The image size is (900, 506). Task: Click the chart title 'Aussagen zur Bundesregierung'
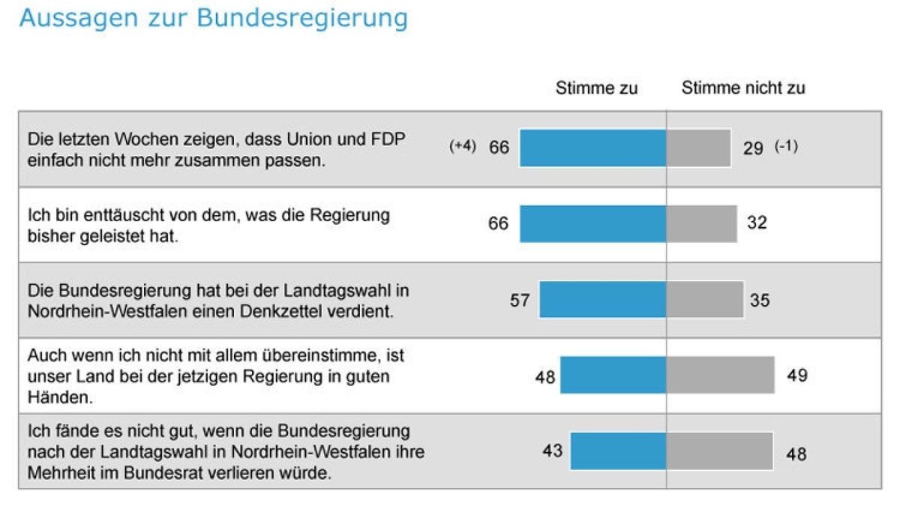(214, 18)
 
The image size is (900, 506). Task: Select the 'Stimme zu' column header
(596, 88)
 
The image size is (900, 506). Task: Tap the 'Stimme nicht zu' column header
(742, 88)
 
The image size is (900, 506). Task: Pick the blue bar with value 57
(602, 300)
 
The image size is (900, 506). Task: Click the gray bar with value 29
(698, 148)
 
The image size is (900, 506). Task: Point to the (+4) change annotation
(462, 147)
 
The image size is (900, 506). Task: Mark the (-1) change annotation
(786, 147)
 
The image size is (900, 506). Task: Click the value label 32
(757, 223)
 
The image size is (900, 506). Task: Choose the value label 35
(760, 301)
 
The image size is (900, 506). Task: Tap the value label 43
(553, 452)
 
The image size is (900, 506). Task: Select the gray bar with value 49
(720, 375)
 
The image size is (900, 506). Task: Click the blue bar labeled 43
(618, 451)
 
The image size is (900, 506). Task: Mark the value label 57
(520, 301)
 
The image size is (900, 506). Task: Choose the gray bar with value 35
(705, 300)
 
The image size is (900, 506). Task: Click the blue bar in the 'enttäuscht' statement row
(592, 223)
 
